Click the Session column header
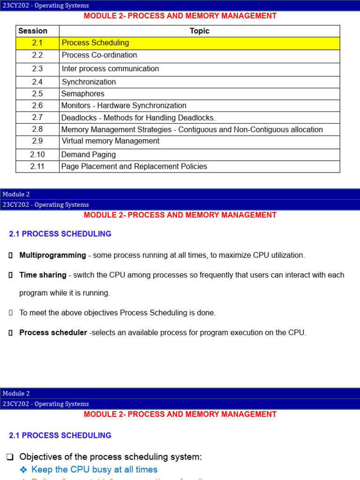click(33, 31)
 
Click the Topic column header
click(199, 31)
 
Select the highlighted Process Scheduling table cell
click(96, 43)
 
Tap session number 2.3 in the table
click(37, 69)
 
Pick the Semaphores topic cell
click(83, 94)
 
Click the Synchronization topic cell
click(89, 82)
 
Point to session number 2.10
click(37, 155)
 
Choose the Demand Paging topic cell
click(89, 155)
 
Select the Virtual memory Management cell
click(111, 141)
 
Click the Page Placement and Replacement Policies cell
click(134, 166)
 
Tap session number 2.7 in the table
click(37, 118)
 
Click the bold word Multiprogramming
click(52, 255)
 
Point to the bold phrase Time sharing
click(43, 275)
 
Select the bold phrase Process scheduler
click(53, 333)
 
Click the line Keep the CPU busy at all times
click(94, 470)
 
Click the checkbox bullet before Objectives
click(11, 457)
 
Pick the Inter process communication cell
click(110, 69)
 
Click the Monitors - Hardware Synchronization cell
click(124, 106)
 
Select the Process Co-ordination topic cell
click(99, 55)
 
